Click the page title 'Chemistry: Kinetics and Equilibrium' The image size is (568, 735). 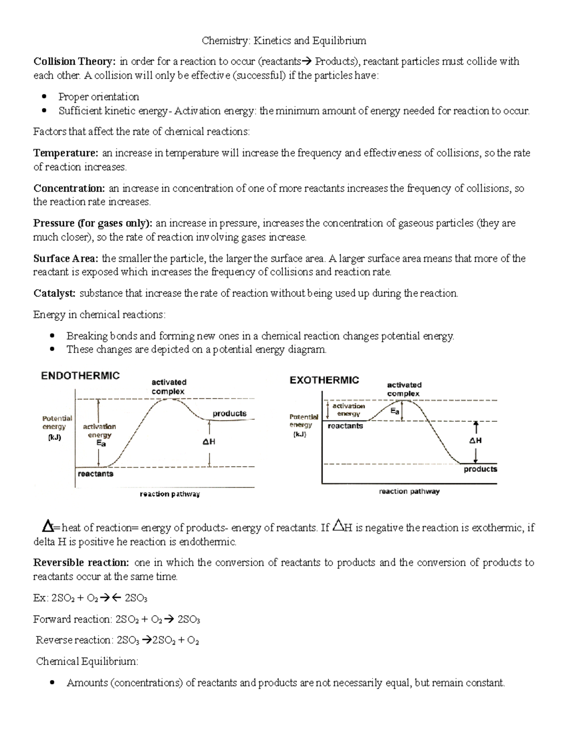(284, 41)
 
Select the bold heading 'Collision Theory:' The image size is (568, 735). (74, 62)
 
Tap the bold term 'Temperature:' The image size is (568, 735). (66, 153)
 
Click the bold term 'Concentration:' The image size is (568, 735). (70, 188)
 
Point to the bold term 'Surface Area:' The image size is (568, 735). (66, 259)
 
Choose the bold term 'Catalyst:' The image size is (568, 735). (54, 294)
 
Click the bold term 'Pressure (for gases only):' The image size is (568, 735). (93, 223)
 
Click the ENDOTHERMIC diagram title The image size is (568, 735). (80, 376)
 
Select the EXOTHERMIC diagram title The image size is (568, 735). (324, 380)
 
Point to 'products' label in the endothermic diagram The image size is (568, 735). (230, 414)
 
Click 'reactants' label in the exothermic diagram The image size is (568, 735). (345, 426)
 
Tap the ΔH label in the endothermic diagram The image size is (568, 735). (209, 442)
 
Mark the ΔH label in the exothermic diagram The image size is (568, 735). (475, 441)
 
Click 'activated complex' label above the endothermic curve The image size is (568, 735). (169, 387)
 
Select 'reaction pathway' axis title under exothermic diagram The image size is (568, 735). (409, 492)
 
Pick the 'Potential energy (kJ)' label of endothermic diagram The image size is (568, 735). (57, 428)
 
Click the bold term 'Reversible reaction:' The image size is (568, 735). (81, 563)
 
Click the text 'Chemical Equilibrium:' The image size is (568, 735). (87, 662)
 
